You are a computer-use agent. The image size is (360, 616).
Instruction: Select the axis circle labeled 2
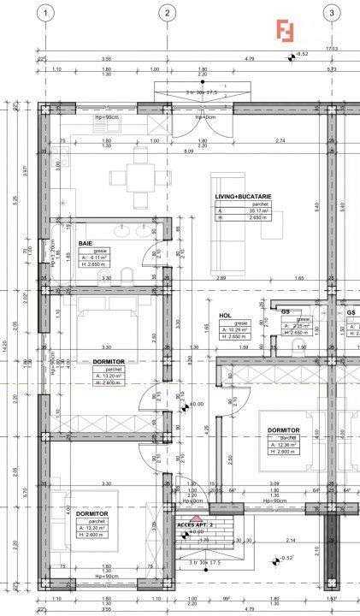click(167, 13)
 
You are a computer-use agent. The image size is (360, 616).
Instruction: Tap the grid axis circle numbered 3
click(330, 13)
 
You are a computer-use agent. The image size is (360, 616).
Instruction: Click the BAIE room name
click(86, 244)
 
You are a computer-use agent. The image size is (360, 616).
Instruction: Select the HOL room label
click(225, 315)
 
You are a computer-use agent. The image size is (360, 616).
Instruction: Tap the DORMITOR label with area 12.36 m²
click(283, 429)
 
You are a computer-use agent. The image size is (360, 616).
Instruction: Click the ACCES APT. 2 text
click(195, 524)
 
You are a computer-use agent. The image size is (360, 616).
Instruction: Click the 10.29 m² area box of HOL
click(235, 329)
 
